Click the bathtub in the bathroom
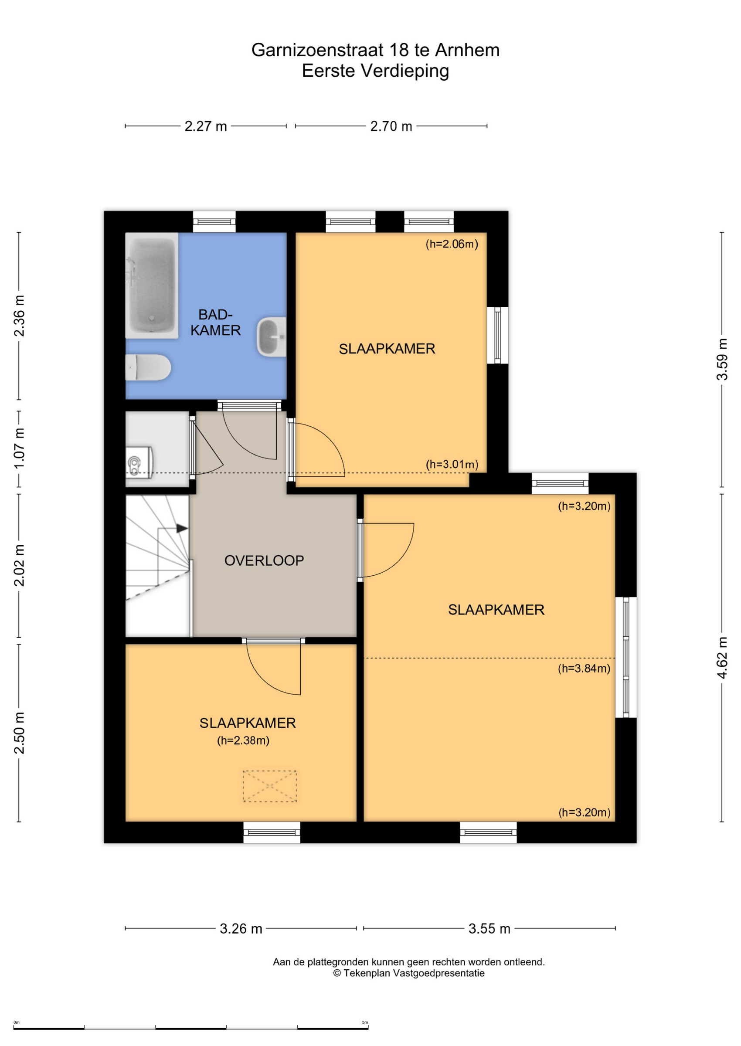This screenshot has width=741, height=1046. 152,285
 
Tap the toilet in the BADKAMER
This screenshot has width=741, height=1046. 148,368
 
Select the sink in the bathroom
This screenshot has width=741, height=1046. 272,336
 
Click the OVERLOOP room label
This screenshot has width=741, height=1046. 264,560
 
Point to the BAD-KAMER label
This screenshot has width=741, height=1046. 215,323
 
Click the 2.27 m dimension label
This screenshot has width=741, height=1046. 206,126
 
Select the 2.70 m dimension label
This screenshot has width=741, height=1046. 391,126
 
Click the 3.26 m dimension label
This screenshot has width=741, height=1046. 241,929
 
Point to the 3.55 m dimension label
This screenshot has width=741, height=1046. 489,929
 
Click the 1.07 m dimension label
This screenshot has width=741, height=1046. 19,449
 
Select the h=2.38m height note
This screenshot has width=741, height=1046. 243,740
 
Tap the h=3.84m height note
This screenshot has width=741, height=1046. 584,669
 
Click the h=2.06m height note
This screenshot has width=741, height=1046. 452,244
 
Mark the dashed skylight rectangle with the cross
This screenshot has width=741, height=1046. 270,786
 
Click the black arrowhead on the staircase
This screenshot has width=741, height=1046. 182,528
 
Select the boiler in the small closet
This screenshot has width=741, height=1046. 139,462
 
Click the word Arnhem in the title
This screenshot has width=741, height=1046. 467,50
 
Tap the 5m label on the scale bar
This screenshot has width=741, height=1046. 365,1022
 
